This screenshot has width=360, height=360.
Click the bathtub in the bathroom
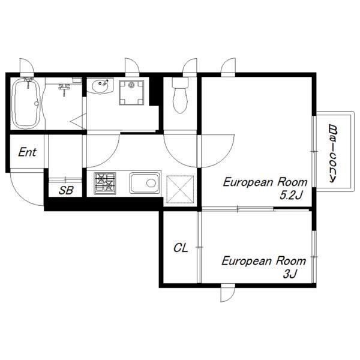tap(26, 103)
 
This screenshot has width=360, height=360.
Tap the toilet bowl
tap(180, 100)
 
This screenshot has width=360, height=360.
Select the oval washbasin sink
tap(100, 86)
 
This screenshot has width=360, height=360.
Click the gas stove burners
tap(104, 183)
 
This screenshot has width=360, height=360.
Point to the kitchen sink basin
tap(145, 183)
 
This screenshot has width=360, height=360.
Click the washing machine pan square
tap(131, 92)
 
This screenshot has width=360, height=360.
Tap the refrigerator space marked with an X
tap(180, 190)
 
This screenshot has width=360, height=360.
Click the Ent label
tap(27, 152)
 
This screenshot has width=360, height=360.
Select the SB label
tap(66, 190)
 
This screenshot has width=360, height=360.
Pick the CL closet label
tap(181, 248)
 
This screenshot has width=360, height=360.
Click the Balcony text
tap(332, 154)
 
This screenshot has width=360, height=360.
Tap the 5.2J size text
tap(290, 196)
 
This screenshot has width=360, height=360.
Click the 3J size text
tap(290, 274)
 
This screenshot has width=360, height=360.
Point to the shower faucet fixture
tap(64, 88)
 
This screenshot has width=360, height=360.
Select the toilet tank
tap(180, 82)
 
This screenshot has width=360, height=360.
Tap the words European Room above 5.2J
tap(265, 182)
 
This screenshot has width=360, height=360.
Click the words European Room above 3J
tap(264, 261)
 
